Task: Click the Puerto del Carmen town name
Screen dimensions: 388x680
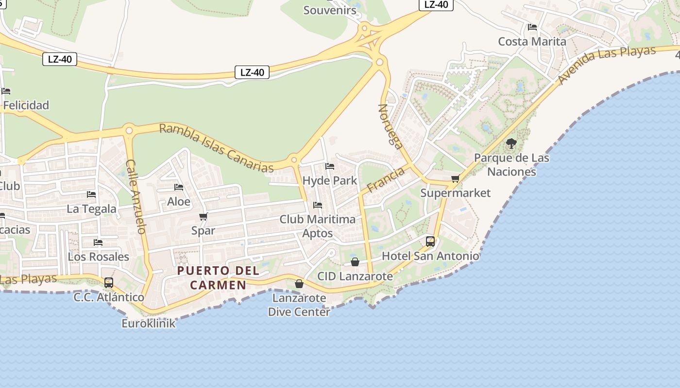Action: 218,277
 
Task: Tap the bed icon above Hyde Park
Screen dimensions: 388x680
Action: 330,166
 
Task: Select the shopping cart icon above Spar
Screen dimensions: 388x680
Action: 204,216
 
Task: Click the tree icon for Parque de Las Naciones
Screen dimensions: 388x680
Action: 511,143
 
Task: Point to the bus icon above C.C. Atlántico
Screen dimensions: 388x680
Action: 109,282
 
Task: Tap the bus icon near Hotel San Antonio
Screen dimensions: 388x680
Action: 430,241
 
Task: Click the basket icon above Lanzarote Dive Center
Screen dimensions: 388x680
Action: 299,283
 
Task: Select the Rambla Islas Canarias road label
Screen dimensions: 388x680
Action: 216,147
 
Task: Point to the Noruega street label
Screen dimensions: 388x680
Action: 391,126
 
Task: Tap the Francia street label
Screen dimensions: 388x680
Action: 386,179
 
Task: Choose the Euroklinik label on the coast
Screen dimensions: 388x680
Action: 148,323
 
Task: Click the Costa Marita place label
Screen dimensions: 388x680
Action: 532,41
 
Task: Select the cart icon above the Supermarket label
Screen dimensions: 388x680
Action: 455,179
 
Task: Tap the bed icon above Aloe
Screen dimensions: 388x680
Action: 179,187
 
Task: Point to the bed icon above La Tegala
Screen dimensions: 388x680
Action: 91,194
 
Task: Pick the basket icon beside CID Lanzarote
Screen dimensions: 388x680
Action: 355,262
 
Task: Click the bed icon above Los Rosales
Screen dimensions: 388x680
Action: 98,242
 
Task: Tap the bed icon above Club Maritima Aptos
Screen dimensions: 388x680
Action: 318,205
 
